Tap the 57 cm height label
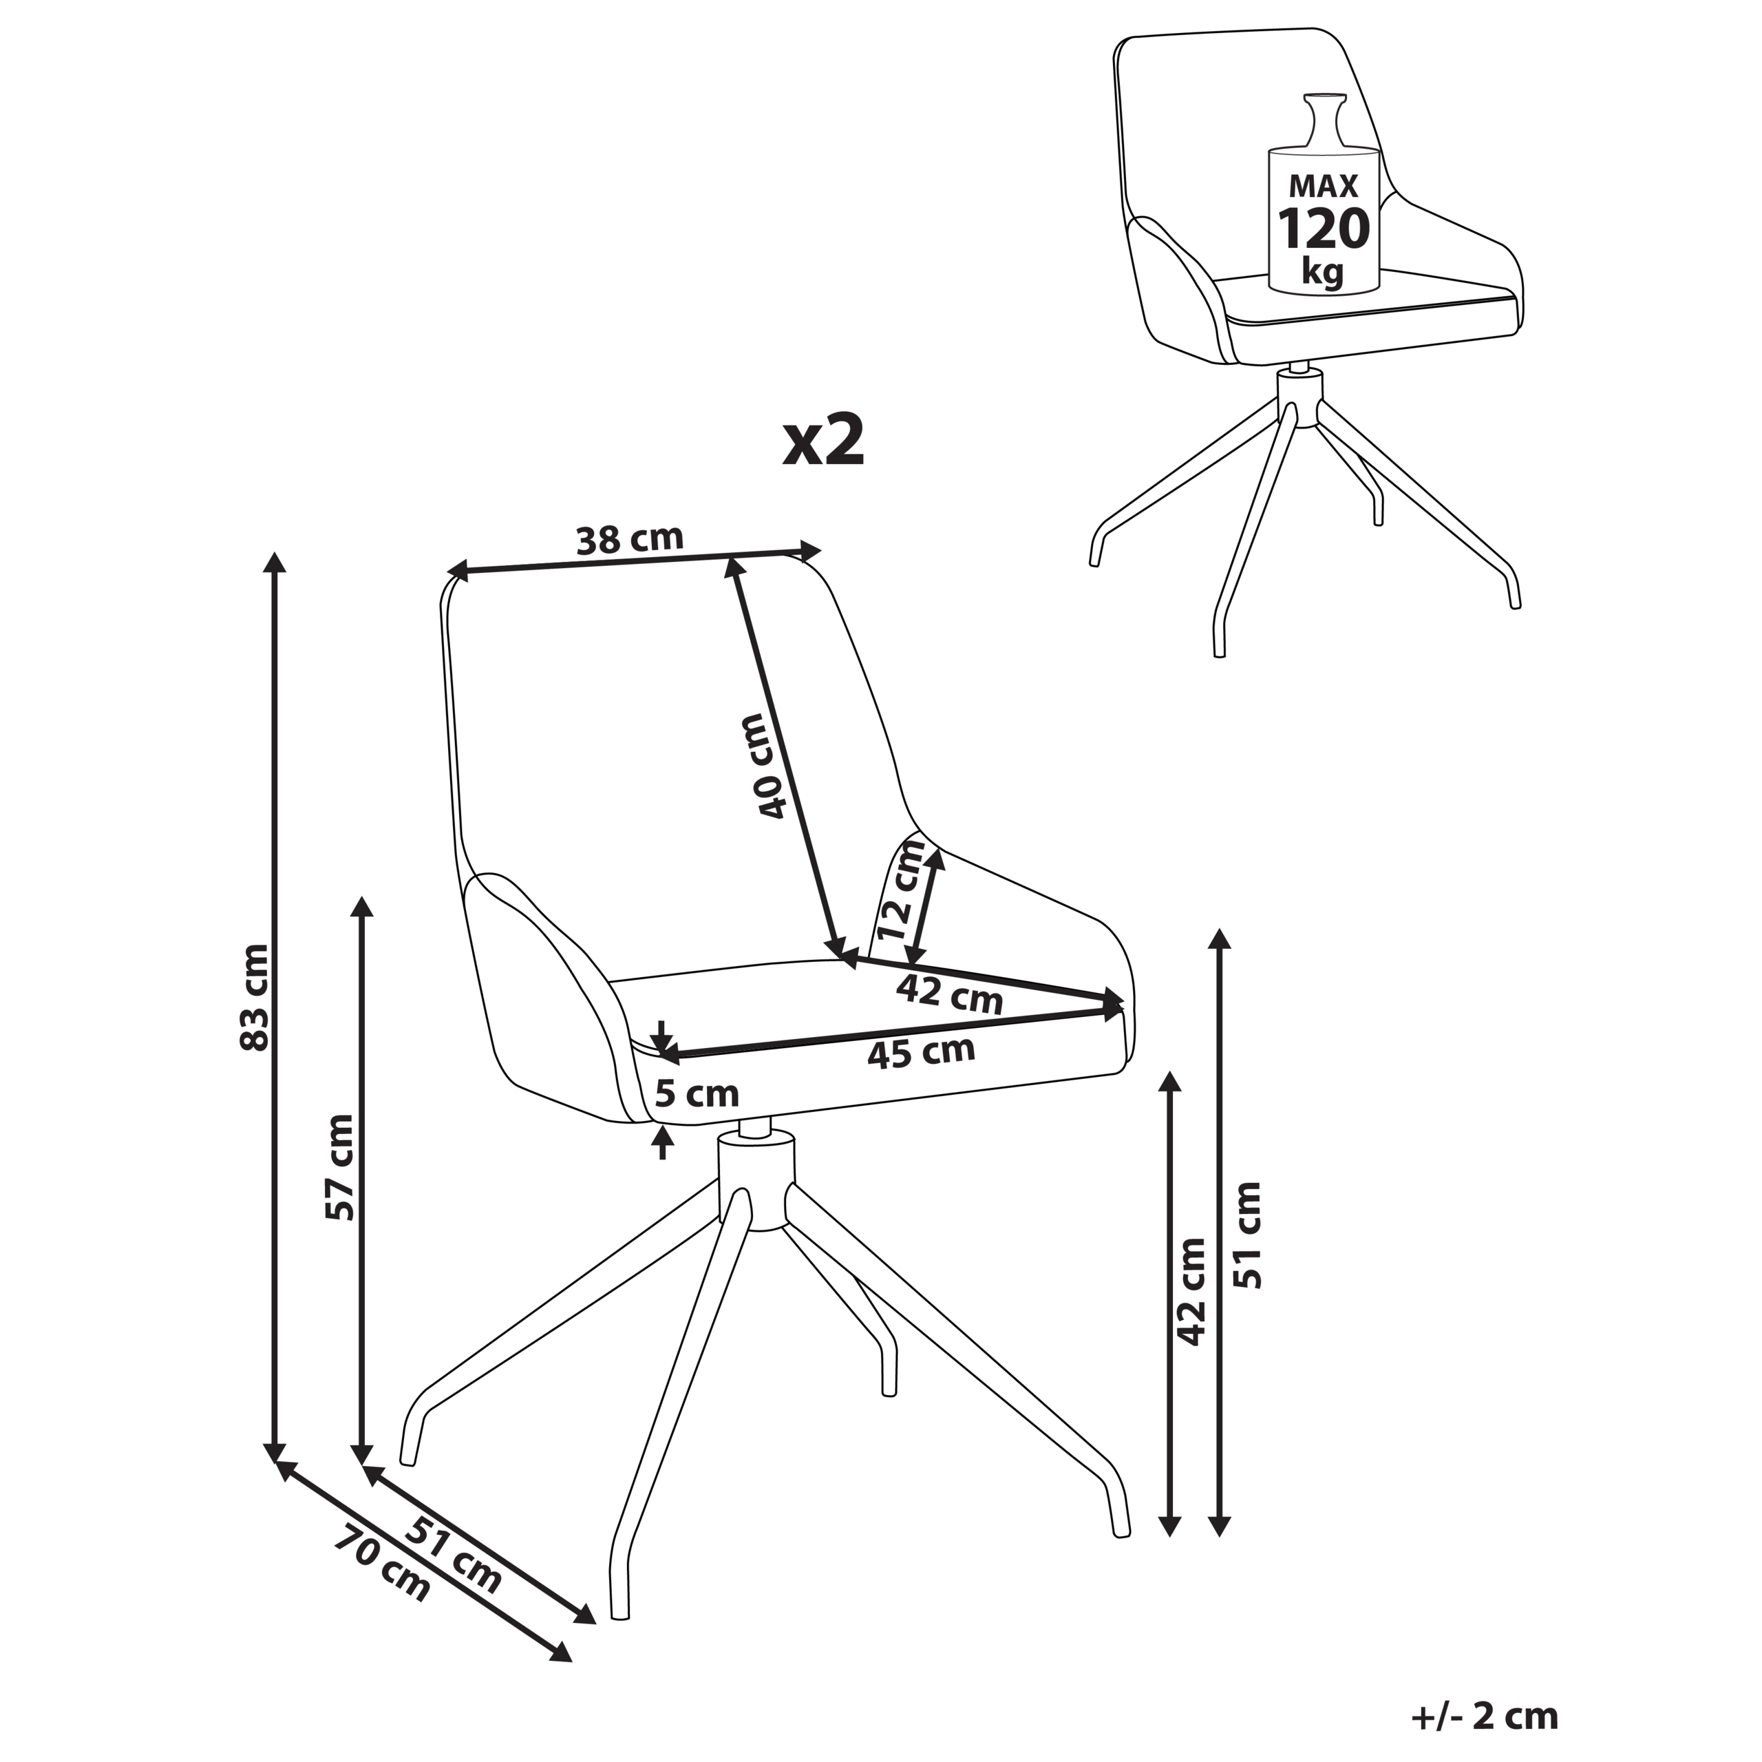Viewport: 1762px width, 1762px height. click(x=339, y=1167)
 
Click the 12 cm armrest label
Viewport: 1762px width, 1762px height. click(x=902, y=890)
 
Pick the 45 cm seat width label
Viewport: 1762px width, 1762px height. click(x=921, y=1052)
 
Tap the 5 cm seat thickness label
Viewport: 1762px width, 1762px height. click(x=697, y=1093)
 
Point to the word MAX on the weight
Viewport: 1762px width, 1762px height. click(x=1324, y=186)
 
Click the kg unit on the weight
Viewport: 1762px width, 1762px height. click(x=1324, y=271)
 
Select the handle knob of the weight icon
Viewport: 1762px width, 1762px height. click(x=1324, y=118)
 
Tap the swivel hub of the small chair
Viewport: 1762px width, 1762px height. click(x=1299, y=397)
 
